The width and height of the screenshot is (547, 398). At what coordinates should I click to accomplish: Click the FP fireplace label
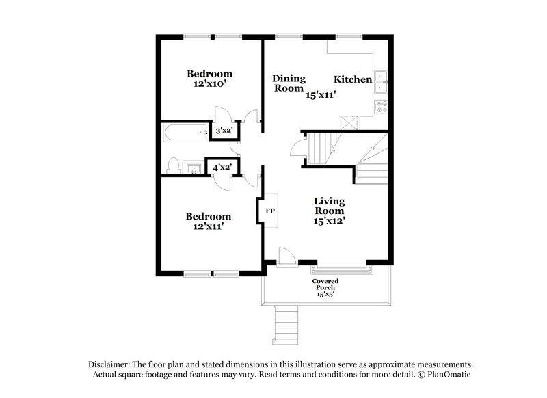(x=269, y=211)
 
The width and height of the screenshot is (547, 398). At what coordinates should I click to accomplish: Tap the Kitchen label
(x=353, y=80)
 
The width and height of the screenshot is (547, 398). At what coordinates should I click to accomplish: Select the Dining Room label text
(x=289, y=83)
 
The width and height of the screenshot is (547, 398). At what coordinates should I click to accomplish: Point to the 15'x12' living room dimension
(x=330, y=221)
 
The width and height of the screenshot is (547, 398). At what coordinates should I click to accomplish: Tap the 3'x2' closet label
(x=222, y=130)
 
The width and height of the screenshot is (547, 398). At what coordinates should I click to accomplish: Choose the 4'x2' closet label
(x=222, y=167)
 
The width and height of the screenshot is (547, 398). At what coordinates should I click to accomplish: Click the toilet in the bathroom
(x=173, y=166)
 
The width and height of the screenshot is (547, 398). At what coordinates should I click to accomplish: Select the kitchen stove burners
(x=382, y=107)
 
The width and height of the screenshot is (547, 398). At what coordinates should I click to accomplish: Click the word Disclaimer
(x=111, y=364)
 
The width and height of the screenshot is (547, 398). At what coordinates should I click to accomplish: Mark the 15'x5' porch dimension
(x=325, y=295)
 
